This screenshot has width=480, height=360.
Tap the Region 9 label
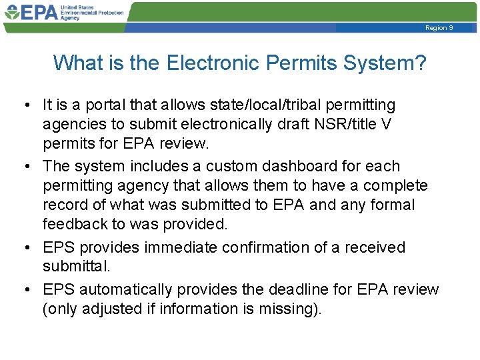click(x=439, y=28)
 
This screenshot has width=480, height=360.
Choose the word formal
click(x=392, y=205)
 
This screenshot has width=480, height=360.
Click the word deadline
click(x=298, y=289)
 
